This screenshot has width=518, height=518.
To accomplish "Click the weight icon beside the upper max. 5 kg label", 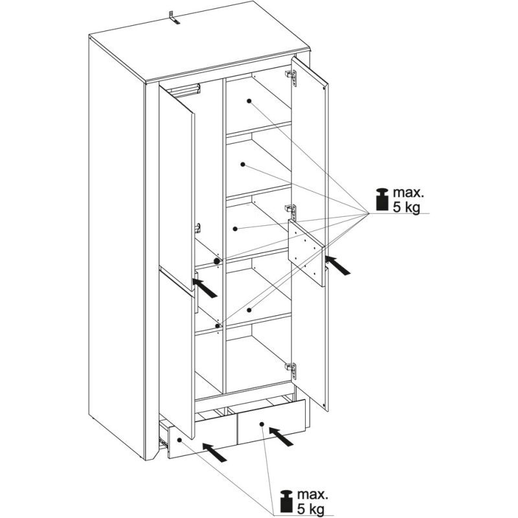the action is (382, 199).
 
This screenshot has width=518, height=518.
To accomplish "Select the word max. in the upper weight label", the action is (408, 192).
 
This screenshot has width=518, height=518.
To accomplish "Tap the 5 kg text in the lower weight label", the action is (310, 508).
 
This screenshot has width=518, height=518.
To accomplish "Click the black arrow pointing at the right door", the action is (337, 265).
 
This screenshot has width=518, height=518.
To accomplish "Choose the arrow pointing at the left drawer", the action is (215, 452).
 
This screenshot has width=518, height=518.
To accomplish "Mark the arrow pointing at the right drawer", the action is (281, 436).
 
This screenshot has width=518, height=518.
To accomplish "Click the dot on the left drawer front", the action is (180, 440).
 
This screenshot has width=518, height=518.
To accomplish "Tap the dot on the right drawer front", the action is (262, 424).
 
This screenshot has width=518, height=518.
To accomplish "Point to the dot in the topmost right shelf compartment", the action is (249, 101).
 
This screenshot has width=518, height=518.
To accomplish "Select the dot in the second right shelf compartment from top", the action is (243, 164).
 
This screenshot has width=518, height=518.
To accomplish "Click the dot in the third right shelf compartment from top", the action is (235, 229).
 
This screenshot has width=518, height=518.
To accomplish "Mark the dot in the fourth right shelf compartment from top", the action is (249, 310).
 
